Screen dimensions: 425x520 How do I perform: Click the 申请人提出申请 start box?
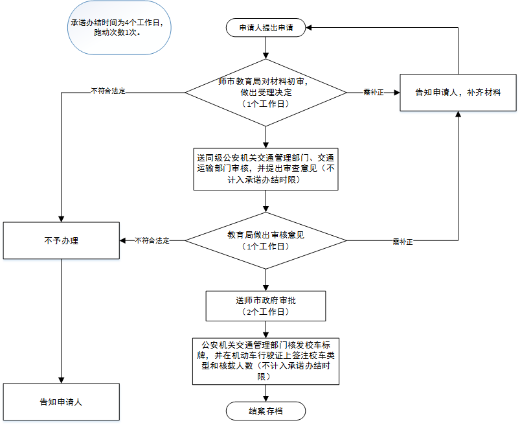pyautogui.click(x=266, y=29)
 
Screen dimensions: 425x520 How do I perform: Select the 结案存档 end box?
pyautogui.click(x=266, y=411)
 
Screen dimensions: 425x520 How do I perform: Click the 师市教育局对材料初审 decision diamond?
pyautogui.click(x=266, y=93)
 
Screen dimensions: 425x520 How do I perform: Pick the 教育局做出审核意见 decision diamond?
pyautogui.click(x=266, y=240)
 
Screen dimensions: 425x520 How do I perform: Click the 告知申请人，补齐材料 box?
pyautogui.click(x=458, y=93)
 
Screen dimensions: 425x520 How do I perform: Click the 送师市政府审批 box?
pyautogui.click(x=266, y=306)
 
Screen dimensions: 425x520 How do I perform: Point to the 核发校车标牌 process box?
pyautogui.click(x=266, y=360)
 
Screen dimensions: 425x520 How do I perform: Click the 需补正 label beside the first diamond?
pyautogui.click(x=374, y=93)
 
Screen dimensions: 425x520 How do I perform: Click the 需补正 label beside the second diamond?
pyautogui.click(x=402, y=241)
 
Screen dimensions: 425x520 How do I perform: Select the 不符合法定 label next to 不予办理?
pyautogui.click(x=152, y=240)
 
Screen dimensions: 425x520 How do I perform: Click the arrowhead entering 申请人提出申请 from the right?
pyautogui.click(x=310, y=29)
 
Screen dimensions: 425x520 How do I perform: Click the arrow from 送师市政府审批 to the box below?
pyautogui.click(x=266, y=329)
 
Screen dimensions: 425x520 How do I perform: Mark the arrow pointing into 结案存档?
pyautogui.click(x=266, y=395)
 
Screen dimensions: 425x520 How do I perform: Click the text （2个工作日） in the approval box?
pyautogui.click(x=266, y=312)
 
